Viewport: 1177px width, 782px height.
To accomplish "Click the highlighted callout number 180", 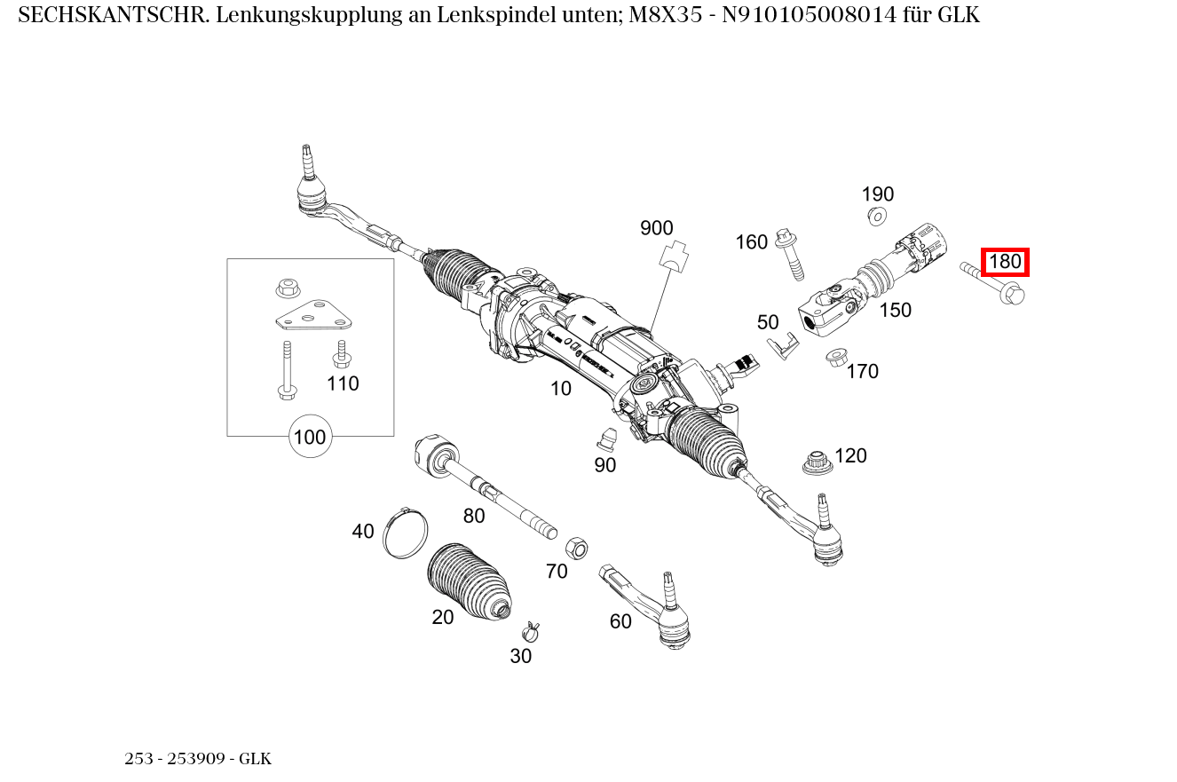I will click(x=1005, y=262).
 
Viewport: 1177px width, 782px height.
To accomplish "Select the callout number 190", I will click(x=877, y=194).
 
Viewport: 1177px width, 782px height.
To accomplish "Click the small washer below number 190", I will click(x=877, y=216).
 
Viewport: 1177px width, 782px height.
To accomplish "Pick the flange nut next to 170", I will click(x=835, y=358).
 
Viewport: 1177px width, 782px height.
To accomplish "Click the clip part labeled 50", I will click(x=781, y=346).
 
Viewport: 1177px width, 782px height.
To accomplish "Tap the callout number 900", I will click(x=656, y=228).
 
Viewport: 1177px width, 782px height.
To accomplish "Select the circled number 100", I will click(x=310, y=437).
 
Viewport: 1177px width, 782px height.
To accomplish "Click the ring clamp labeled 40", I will click(x=405, y=533).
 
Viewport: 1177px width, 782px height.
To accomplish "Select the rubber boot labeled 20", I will click(x=469, y=581).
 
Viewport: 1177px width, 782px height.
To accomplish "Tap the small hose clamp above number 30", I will click(x=531, y=631).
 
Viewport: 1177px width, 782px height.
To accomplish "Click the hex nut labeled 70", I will click(x=575, y=547).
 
